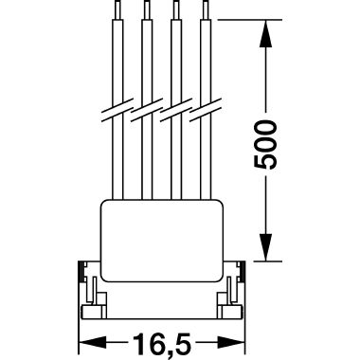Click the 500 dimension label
click(265, 145)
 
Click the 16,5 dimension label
click(162, 343)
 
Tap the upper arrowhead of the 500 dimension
click(266, 34)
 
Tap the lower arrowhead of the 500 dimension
click(266, 247)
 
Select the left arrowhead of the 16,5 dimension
click(92, 343)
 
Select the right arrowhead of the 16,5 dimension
click(231, 343)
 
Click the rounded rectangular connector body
click(162, 241)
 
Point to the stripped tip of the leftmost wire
click(117, 9)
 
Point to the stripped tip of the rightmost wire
click(206, 9)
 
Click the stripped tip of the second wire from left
click(147, 9)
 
